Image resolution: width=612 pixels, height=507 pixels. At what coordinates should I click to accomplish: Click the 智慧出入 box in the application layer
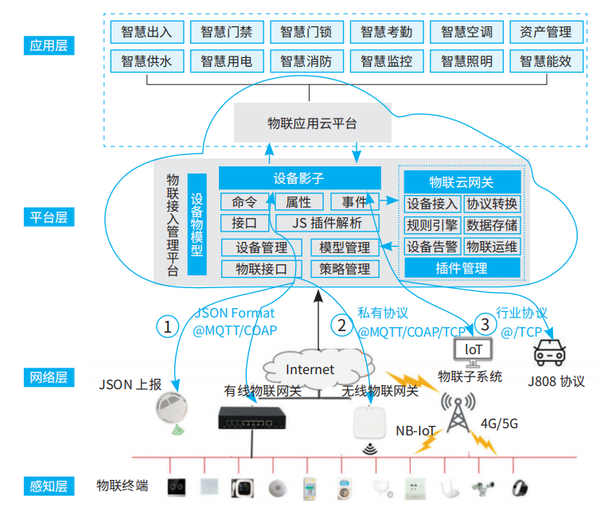pyautogui.click(x=147, y=32)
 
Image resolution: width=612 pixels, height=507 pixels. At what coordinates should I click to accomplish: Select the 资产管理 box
pyautogui.click(x=545, y=32)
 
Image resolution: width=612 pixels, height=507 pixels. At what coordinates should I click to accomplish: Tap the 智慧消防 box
pyautogui.click(x=306, y=61)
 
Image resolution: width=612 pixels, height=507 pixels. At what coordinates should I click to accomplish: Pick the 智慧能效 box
pyautogui.click(x=545, y=61)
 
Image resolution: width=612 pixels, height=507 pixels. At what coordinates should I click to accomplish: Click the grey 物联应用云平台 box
pyautogui.click(x=312, y=123)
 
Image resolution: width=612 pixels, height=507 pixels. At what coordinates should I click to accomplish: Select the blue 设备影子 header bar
pyautogui.click(x=300, y=178)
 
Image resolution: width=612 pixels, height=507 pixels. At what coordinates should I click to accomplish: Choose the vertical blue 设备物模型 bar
pyautogui.click(x=197, y=224)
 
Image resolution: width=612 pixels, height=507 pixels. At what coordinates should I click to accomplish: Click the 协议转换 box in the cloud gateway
pyautogui.click(x=492, y=203)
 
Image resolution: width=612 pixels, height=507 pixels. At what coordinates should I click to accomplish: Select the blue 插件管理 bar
pyautogui.click(x=462, y=268)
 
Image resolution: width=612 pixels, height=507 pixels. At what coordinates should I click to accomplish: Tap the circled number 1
pyautogui.click(x=167, y=326)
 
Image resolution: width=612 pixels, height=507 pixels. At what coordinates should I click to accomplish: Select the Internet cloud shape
pyautogui.click(x=310, y=369)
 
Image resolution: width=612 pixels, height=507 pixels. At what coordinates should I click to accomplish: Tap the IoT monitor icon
pyautogui.click(x=473, y=350)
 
